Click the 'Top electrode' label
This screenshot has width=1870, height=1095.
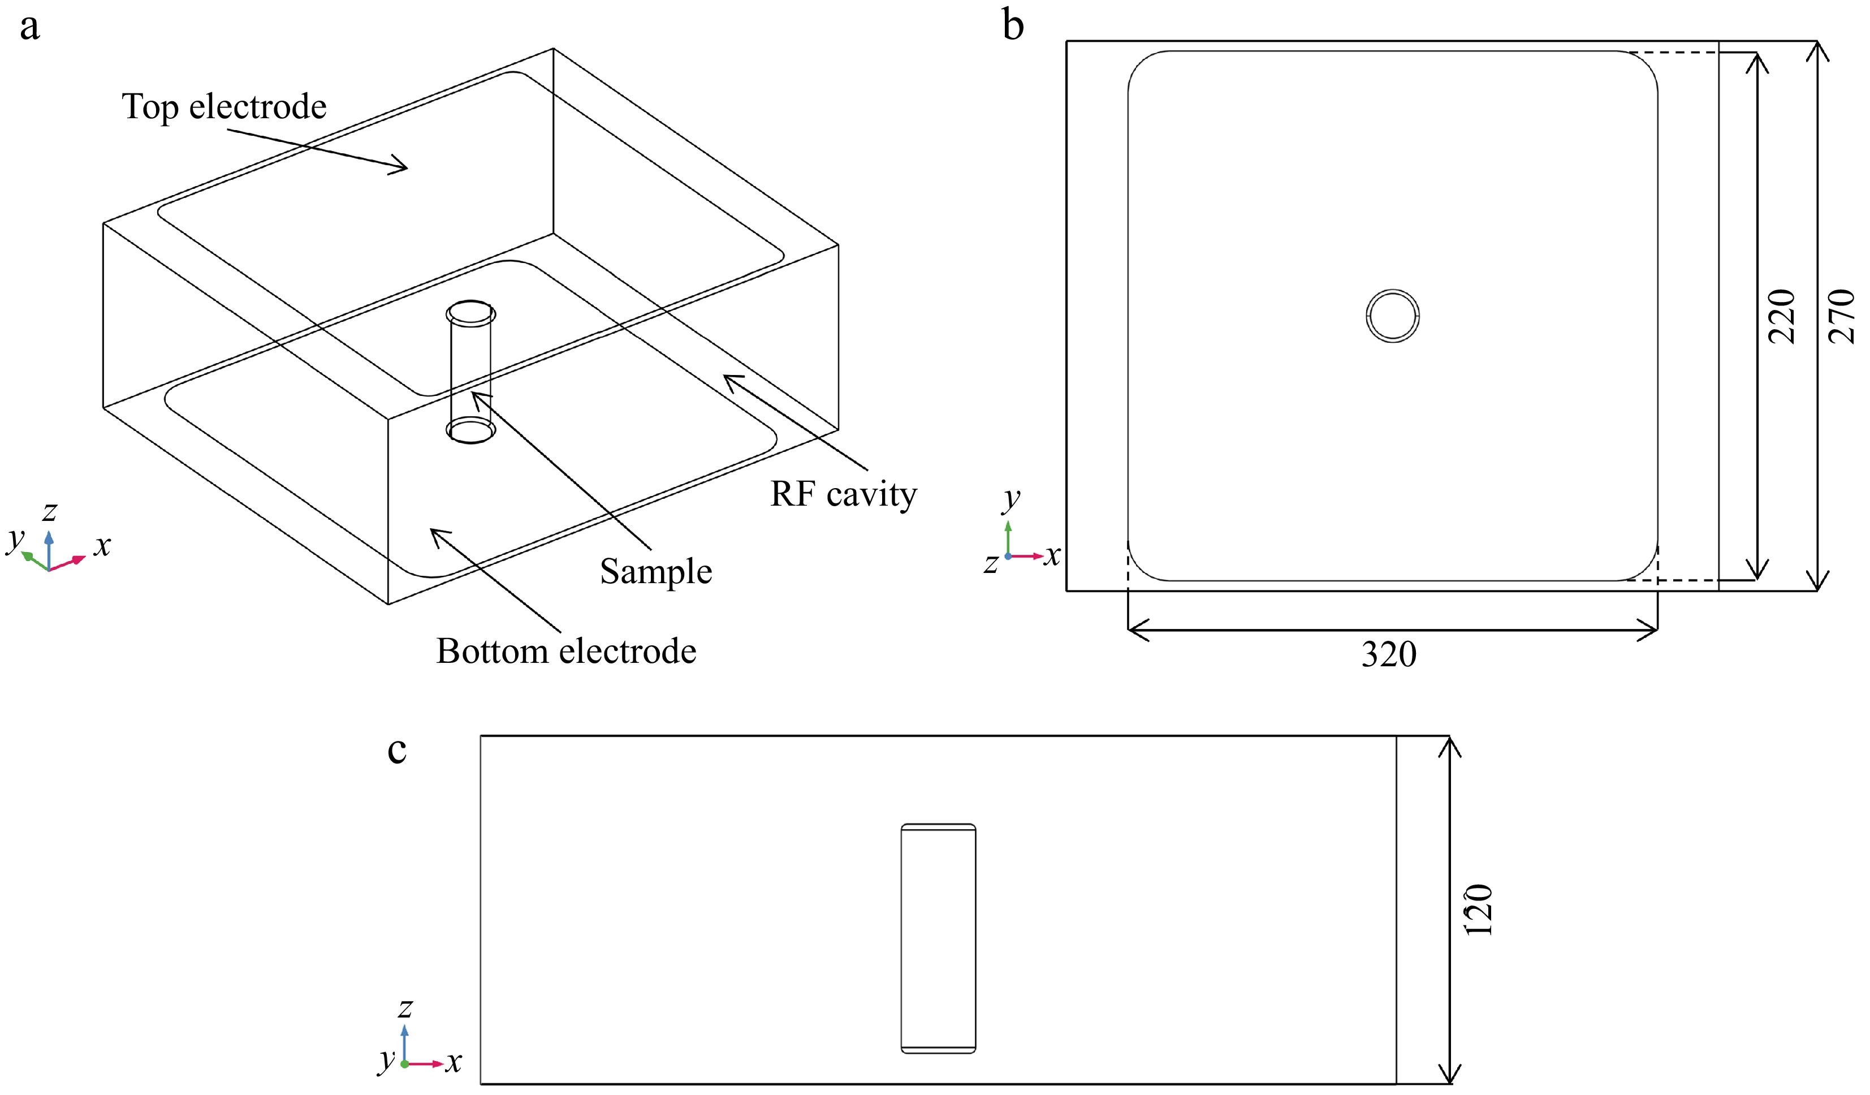point(224,107)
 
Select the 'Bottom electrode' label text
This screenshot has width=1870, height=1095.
point(566,652)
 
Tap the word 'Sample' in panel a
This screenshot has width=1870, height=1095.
point(656,572)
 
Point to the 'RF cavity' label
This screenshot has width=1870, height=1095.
point(844,494)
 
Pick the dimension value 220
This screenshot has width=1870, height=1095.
point(1782,316)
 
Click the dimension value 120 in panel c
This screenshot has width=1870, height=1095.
point(1479,910)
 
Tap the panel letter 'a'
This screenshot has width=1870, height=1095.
point(29,28)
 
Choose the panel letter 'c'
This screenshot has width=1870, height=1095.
point(397,751)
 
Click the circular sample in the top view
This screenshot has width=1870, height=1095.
point(1393,316)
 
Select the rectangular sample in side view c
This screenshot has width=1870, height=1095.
point(938,938)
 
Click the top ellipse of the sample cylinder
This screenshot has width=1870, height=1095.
point(471,313)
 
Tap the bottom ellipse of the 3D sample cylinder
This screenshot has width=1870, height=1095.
point(470,430)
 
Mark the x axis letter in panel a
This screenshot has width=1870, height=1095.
point(102,546)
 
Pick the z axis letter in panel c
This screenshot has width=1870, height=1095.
point(405,1008)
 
